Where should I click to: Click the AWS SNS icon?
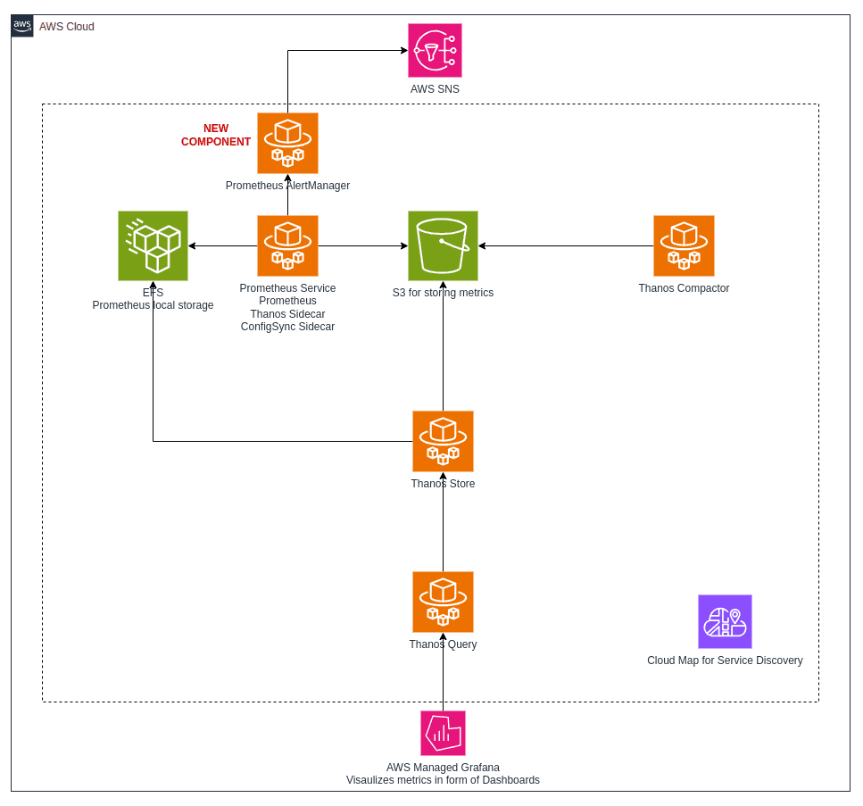tap(435, 51)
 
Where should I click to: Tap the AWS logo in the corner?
tap(22, 26)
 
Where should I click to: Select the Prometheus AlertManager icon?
tap(287, 143)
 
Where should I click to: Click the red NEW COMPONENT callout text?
tap(216, 135)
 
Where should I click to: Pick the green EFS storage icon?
tap(153, 245)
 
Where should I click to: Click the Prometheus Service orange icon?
tap(287, 245)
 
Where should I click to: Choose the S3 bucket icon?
tap(443, 245)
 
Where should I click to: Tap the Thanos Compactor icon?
tap(684, 245)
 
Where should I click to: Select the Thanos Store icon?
tap(443, 441)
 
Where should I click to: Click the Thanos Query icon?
tap(443, 602)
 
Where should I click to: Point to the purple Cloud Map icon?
tap(725, 621)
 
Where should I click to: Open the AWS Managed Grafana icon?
tap(443, 733)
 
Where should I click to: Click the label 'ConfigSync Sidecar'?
tap(287, 327)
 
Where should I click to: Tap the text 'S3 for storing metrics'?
tap(443, 293)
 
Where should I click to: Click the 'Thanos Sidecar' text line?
tap(287, 314)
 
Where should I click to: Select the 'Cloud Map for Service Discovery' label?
tap(725, 661)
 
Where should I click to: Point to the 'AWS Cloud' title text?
tap(67, 27)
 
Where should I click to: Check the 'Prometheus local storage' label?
tap(153, 305)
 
